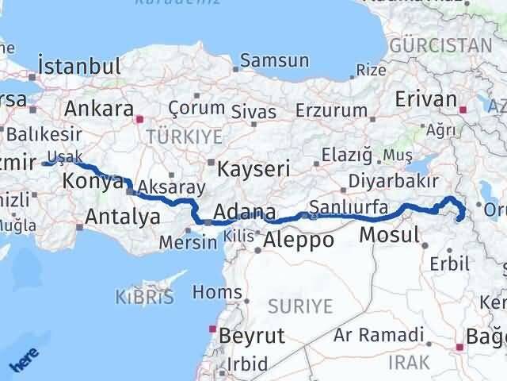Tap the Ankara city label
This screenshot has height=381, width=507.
click(98, 109)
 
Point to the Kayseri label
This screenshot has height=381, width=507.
click(254, 169)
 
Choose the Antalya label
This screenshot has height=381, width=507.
click(116, 215)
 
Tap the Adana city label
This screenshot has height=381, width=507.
click(246, 213)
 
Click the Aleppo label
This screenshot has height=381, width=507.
click(300, 241)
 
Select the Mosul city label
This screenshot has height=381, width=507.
click(388, 235)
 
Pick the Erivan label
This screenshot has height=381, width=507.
click(428, 100)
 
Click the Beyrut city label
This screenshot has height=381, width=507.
click(251, 336)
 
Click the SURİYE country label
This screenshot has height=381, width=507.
click(302, 306)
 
